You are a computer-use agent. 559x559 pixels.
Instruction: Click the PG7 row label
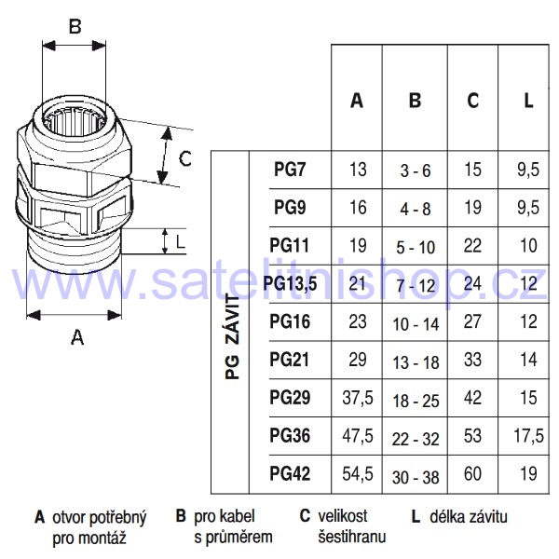tap(290, 169)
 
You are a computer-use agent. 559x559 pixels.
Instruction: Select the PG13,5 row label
tap(290, 284)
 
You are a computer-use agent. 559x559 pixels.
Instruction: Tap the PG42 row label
tap(290, 474)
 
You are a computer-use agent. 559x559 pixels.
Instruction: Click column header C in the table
tap(472, 101)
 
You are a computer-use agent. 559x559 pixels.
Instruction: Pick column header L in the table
tap(528, 101)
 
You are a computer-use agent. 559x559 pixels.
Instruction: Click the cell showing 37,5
tap(358, 398)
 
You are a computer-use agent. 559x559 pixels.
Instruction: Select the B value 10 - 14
tap(416, 324)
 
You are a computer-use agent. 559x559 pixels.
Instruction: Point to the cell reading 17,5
tap(528, 436)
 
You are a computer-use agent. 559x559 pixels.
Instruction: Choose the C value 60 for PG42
tap(472, 474)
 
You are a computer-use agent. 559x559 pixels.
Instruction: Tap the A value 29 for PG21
tap(358, 360)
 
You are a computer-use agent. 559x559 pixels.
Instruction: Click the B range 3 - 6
tap(416, 171)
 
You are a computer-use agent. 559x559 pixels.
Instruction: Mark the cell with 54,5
tap(358, 474)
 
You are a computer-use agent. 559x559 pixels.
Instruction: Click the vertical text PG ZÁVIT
tap(233, 337)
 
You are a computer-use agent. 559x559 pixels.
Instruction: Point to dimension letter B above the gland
tap(75, 26)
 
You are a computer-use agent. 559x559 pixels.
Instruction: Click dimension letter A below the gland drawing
tap(77, 337)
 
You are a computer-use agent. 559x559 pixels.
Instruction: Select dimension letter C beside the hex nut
tap(185, 158)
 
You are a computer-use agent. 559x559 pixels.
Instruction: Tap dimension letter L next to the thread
tap(181, 242)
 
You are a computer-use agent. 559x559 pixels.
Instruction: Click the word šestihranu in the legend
tap(352, 537)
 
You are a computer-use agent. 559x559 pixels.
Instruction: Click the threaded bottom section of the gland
tap(75, 252)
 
